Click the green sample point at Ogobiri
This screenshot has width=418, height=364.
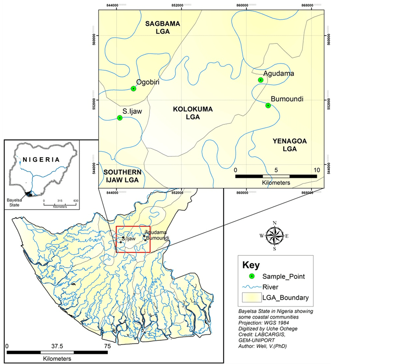[x=133, y=88]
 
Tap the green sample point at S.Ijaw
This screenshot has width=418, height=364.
[x=120, y=117]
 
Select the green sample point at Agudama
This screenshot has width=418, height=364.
[x=261, y=80]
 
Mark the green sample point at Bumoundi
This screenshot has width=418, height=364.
[x=268, y=105]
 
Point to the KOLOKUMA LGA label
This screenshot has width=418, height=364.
[x=193, y=113]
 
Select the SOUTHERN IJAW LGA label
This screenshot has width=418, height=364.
[x=123, y=175]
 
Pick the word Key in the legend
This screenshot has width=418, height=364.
[x=251, y=265]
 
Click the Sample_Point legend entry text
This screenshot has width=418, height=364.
[x=283, y=276]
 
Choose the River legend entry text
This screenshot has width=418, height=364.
[x=270, y=287]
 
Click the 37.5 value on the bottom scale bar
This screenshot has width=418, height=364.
[x=57, y=346]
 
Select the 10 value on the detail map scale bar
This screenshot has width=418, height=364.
[x=317, y=170]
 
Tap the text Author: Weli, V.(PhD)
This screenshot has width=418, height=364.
[x=266, y=345]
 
